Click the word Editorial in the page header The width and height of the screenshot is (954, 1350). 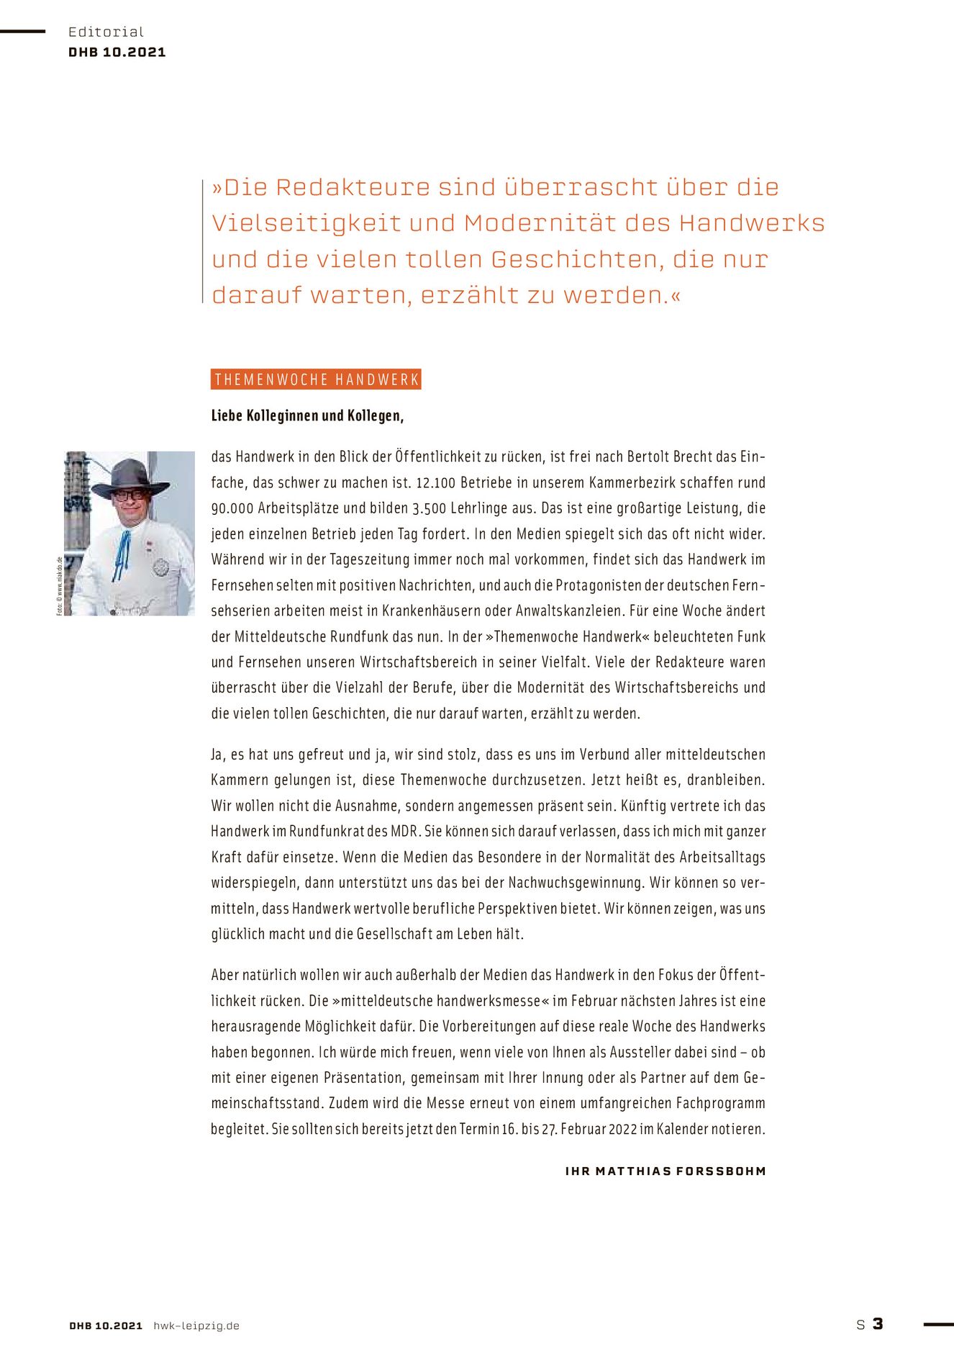[x=106, y=32]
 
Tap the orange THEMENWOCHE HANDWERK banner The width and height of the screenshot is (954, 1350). [x=316, y=379]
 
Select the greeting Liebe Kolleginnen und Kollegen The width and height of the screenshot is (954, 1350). [x=307, y=415]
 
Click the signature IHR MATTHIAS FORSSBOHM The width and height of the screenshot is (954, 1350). [x=665, y=1171]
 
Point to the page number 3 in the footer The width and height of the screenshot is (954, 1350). [x=878, y=1324]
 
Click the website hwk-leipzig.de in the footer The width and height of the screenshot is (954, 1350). [x=196, y=1326]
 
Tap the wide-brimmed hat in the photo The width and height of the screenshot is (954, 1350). [x=131, y=477]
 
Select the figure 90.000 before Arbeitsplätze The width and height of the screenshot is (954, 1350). [x=232, y=508]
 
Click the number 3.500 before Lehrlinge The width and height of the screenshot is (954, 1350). [x=430, y=508]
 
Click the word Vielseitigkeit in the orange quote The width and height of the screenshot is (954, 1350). [x=306, y=223]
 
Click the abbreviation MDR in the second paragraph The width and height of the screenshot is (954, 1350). [x=404, y=832]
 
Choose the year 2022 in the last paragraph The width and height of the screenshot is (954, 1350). [x=622, y=1129]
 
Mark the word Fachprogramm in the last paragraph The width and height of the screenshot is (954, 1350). [x=720, y=1103]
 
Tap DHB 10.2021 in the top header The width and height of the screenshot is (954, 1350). [x=117, y=52]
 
